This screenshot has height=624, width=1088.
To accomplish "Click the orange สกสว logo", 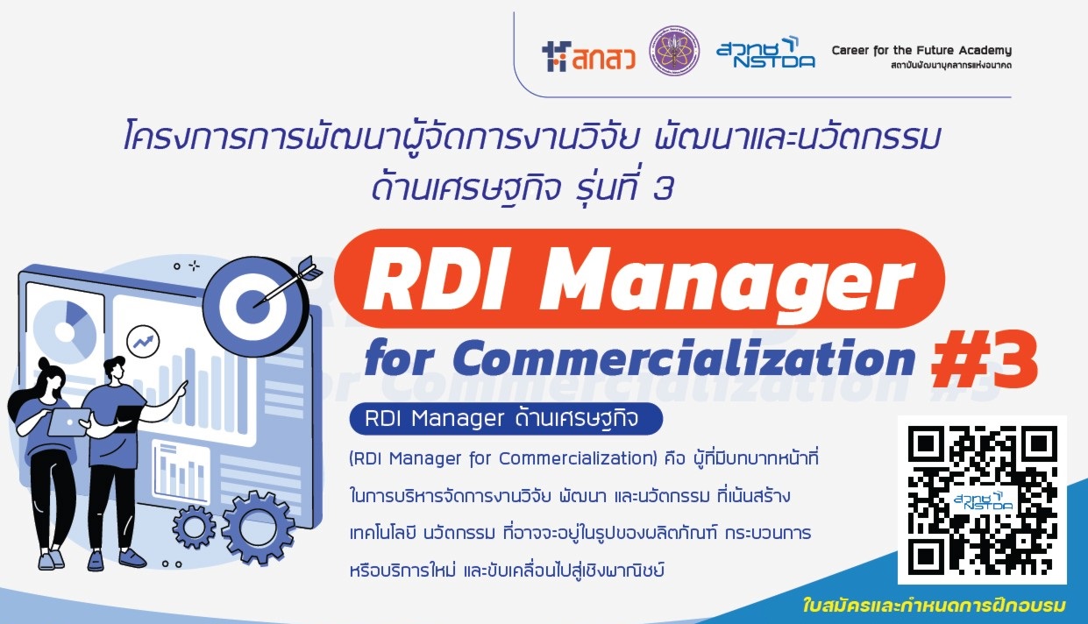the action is point(588,57).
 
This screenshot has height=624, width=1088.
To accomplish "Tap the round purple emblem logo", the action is point(675,51).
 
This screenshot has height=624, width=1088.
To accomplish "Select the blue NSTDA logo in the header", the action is point(765,53).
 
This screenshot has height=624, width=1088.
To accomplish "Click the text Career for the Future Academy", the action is point(921,50).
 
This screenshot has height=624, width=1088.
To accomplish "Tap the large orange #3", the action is point(984,359).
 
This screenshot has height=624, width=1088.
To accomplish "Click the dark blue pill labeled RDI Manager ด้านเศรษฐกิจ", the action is point(506,418).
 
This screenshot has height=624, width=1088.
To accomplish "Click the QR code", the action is point(982,500).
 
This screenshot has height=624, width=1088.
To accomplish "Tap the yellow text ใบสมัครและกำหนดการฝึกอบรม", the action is point(935,606).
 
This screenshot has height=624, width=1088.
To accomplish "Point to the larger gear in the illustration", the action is point(258,528).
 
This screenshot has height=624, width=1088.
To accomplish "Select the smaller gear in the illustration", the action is point(194,527).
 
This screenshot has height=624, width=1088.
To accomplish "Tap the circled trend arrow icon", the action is point(143,342).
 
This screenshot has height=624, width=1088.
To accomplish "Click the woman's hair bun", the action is point(44,363).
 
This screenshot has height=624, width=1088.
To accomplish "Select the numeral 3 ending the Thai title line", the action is point(663,189).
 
